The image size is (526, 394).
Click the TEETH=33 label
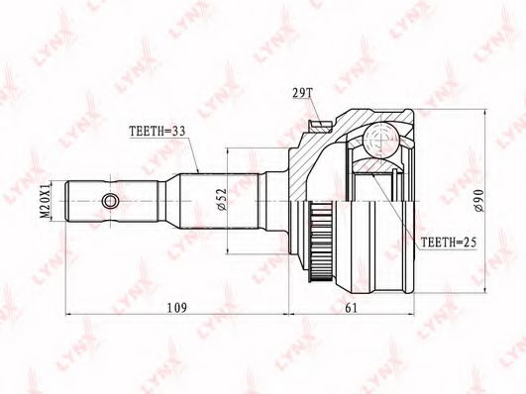(x=157, y=131)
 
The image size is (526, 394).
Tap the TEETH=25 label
(x=448, y=243)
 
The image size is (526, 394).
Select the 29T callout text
(x=302, y=94)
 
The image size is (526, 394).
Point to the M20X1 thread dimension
(x=45, y=201)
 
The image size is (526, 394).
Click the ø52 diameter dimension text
(x=222, y=200)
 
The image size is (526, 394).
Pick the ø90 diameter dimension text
(x=479, y=201)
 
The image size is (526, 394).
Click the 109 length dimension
(x=177, y=307)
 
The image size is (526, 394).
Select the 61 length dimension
(x=352, y=307)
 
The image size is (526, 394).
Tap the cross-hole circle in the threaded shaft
(x=110, y=202)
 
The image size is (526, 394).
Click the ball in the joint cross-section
(x=381, y=140)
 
